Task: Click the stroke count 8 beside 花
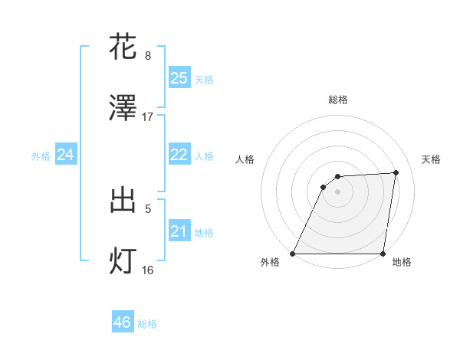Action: tap(148, 56)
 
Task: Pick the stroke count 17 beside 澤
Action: tap(148, 117)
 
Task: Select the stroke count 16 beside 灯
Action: tap(148, 270)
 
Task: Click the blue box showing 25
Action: tap(179, 77)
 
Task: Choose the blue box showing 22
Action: tap(179, 155)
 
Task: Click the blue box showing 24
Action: tap(65, 155)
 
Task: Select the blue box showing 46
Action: tap(122, 322)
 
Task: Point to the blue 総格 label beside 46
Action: tap(147, 324)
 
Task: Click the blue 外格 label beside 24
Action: tap(41, 156)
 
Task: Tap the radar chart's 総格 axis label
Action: tap(337, 100)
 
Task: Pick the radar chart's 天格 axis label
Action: tap(431, 159)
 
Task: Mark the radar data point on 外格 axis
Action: tap(293, 254)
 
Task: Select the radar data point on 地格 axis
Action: tap(383, 254)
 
